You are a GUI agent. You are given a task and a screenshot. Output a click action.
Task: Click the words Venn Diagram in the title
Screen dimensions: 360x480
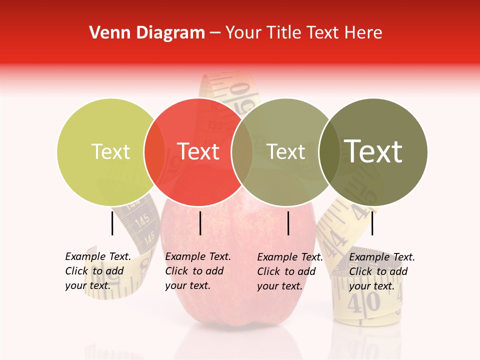[147, 33]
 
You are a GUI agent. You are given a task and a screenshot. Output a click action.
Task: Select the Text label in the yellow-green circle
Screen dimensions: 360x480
[110, 152]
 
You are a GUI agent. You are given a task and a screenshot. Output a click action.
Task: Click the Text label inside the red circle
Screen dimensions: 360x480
[198, 152]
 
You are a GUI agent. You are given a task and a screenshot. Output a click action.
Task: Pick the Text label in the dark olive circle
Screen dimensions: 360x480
[373, 151]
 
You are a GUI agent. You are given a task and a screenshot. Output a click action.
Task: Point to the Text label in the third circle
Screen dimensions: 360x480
[286, 152]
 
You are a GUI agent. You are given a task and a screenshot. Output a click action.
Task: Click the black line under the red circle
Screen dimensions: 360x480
[200, 223]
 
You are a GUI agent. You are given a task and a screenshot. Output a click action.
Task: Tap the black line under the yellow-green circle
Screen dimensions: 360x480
[112, 223]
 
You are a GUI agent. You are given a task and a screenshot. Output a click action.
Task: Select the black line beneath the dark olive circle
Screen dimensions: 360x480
[372, 223]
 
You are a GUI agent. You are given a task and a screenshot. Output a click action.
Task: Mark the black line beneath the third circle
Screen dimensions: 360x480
[288, 223]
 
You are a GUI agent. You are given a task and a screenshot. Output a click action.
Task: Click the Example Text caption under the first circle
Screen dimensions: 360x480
[98, 271]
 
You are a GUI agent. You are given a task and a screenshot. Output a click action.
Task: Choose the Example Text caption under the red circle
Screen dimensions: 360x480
[198, 271]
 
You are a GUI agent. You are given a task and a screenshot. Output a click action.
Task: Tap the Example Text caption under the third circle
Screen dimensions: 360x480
[290, 271]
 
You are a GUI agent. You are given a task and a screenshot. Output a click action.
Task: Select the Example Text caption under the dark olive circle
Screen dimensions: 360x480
[382, 271]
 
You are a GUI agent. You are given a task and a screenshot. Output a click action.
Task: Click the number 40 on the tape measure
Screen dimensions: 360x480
[365, 302]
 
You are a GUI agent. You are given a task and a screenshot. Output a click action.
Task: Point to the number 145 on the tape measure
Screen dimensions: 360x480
[142, 218]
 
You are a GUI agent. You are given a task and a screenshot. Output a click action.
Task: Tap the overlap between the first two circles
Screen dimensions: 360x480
[154, 152]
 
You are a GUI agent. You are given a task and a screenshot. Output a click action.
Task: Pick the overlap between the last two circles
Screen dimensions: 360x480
[329, 152]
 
